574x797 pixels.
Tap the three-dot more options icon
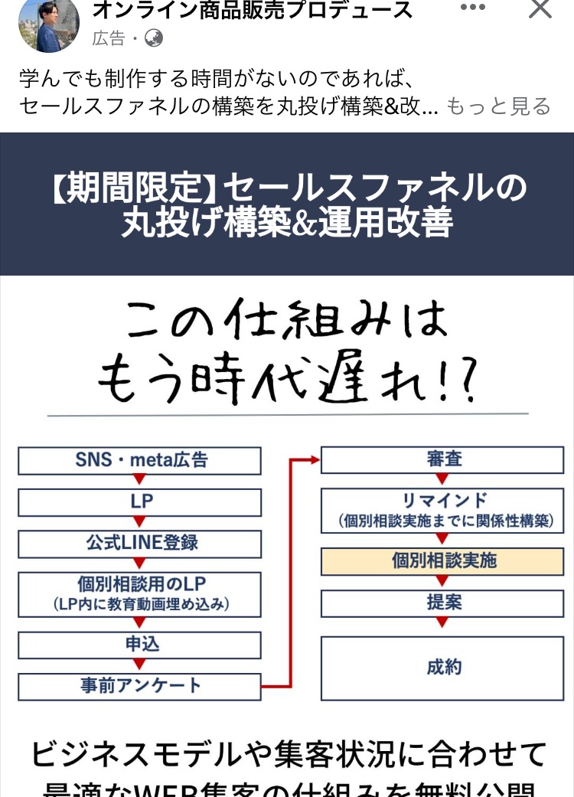pos(472,8)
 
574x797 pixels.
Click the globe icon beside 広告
pos(154,38)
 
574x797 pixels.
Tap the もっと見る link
pos(498,106)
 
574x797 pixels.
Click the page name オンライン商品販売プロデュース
pos(252,11)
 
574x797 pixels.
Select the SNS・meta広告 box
pos(140,461)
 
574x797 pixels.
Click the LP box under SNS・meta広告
pos(140,502)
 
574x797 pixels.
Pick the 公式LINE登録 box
pos(140,544)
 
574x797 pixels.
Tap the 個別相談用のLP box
pos(140,594)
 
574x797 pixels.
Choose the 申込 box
pos(140,645)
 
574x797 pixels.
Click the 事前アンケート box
pos(140,686)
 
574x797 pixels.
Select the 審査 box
pos(444,460)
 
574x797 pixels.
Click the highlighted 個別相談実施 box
pos(444,561)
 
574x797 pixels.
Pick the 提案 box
pos(444,603)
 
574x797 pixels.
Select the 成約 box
pos(444,668)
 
